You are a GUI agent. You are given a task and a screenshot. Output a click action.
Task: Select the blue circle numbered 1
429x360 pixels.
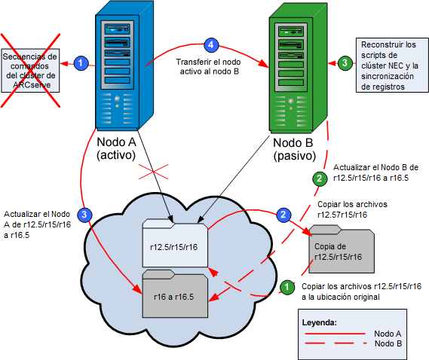(83, 64)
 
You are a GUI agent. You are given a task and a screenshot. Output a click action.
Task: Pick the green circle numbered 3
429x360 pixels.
(344, 63)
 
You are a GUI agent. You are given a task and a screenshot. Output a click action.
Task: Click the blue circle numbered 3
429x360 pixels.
(87, 214)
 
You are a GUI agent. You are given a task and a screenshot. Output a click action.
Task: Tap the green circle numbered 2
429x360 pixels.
(320, 178)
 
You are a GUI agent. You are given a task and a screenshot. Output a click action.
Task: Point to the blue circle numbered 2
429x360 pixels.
(283, 215)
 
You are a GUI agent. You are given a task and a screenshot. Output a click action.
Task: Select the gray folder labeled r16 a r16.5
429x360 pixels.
(174, 291)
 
